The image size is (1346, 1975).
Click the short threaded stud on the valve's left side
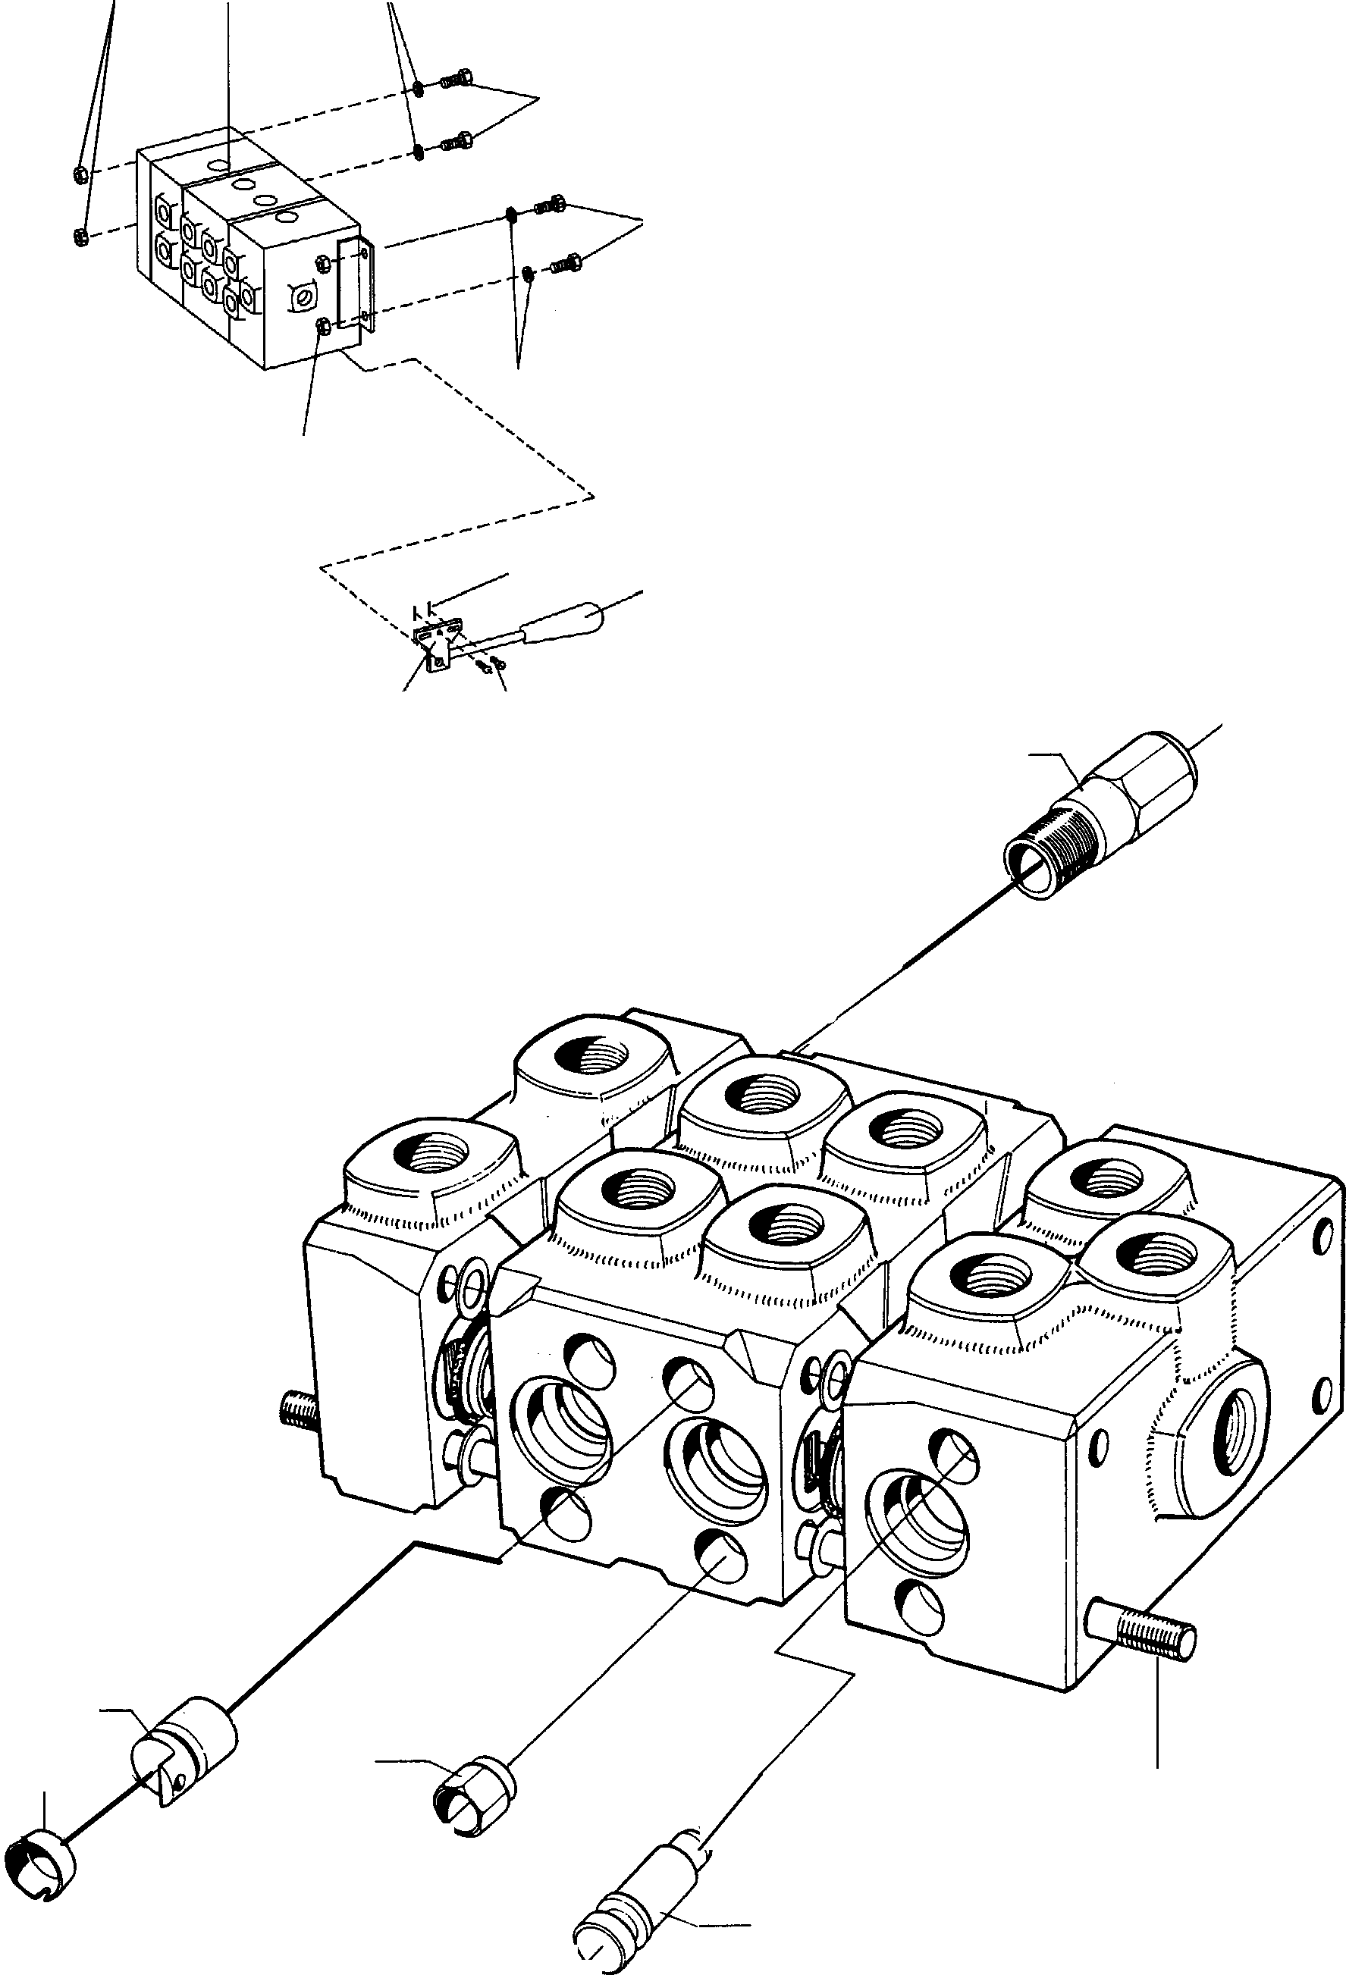coord(298,1412)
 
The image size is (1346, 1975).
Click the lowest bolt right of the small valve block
coord(566,262)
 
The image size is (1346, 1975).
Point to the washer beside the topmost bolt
coord(419,87)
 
